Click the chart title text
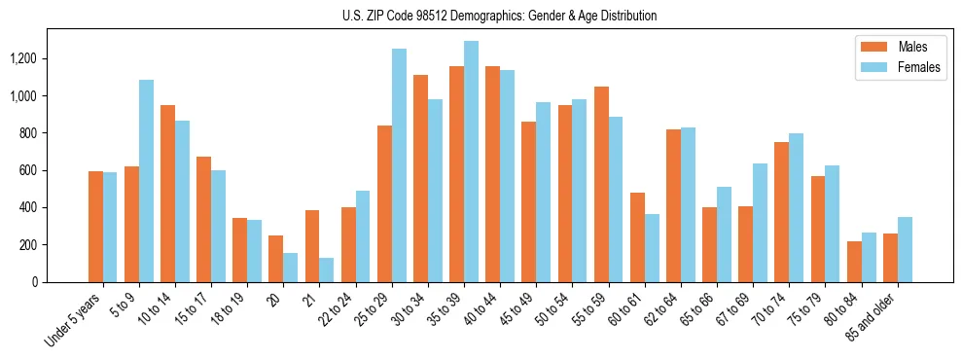(499, 16)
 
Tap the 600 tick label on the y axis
(30, 170)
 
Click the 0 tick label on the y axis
(36, 282)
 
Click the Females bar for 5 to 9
(146, 181)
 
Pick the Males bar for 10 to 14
(168, 194)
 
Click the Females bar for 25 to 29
(399, 165)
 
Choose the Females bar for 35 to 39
(472, 162)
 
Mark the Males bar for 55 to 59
(602, 185)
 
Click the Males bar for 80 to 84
(855, 262)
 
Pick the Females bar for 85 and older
(906, 249)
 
